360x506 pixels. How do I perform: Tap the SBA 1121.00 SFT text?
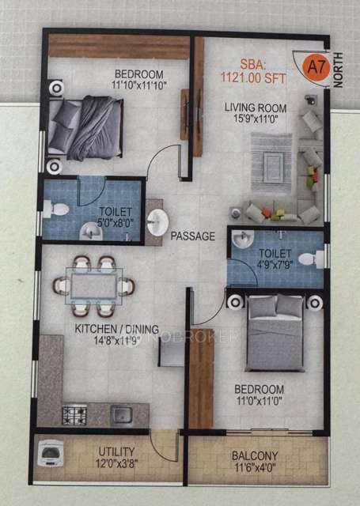click(260, 72)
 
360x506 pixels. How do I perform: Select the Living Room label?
click(255, 108)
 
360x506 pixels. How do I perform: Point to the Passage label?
click(193, 236)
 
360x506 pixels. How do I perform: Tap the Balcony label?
click(254, 455)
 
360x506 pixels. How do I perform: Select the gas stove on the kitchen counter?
click(74, 413)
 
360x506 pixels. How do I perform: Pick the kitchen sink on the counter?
click(123, 413)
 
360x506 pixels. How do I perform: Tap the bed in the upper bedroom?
click(85, 124)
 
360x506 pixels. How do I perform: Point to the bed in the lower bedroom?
click(273, 332)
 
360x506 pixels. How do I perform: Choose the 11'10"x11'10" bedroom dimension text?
click(139, 87)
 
